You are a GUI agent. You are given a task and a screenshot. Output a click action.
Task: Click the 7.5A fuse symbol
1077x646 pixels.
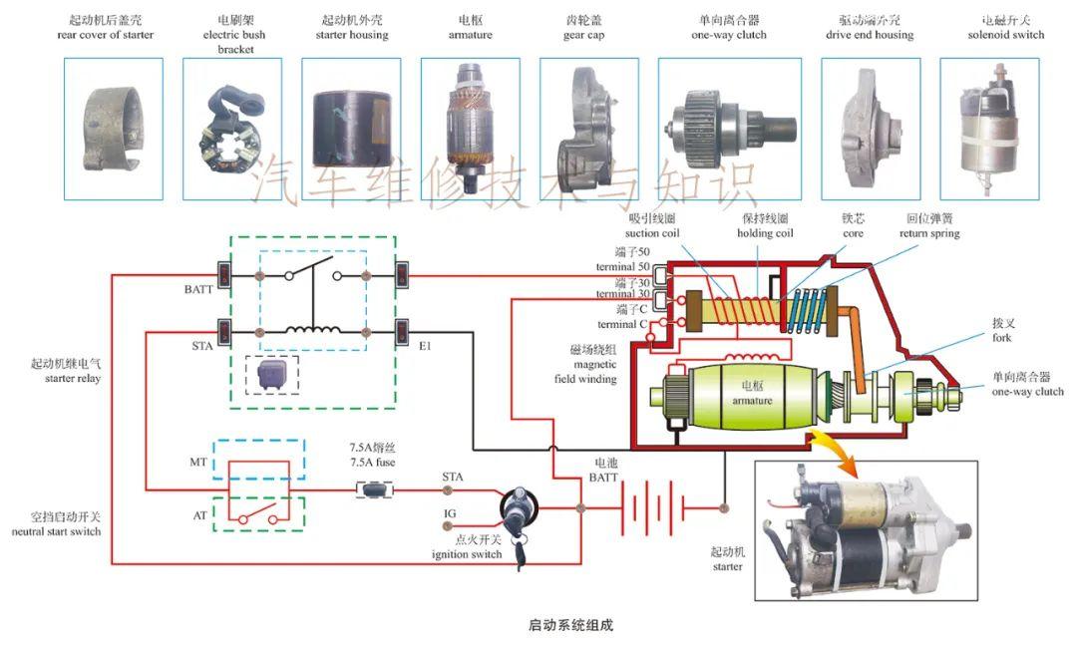(374, 489)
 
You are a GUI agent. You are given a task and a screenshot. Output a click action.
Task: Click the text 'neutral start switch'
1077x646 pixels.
(57, 532)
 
